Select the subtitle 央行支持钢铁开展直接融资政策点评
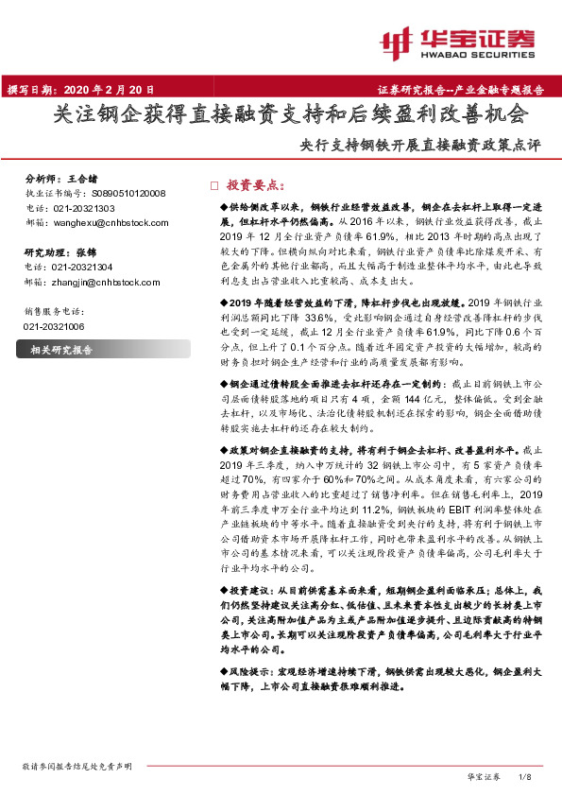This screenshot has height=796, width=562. [x=419, y=146]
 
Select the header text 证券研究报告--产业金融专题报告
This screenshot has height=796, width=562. [x=466, y=91]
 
